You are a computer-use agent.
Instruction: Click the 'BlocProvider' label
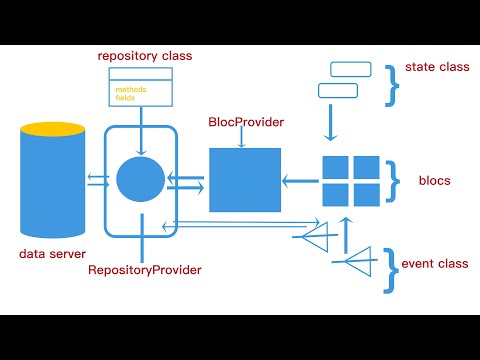click(x=245, y=122)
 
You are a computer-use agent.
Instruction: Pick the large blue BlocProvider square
click(x=245, y=180)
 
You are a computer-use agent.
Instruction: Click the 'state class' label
click(x=438, y=68)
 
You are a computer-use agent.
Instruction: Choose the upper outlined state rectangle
click(x=350, y=69)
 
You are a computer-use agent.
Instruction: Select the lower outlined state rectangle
click(x=337, y=91)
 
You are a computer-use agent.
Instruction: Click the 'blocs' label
click(x=436, y=181)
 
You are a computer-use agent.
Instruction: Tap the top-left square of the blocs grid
click(x=335, y=168)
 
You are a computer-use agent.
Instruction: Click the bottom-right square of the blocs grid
click(x=366, y=194)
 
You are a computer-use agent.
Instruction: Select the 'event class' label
click(x=435, y=264)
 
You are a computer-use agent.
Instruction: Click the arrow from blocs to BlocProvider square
click(x=300, y=181)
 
